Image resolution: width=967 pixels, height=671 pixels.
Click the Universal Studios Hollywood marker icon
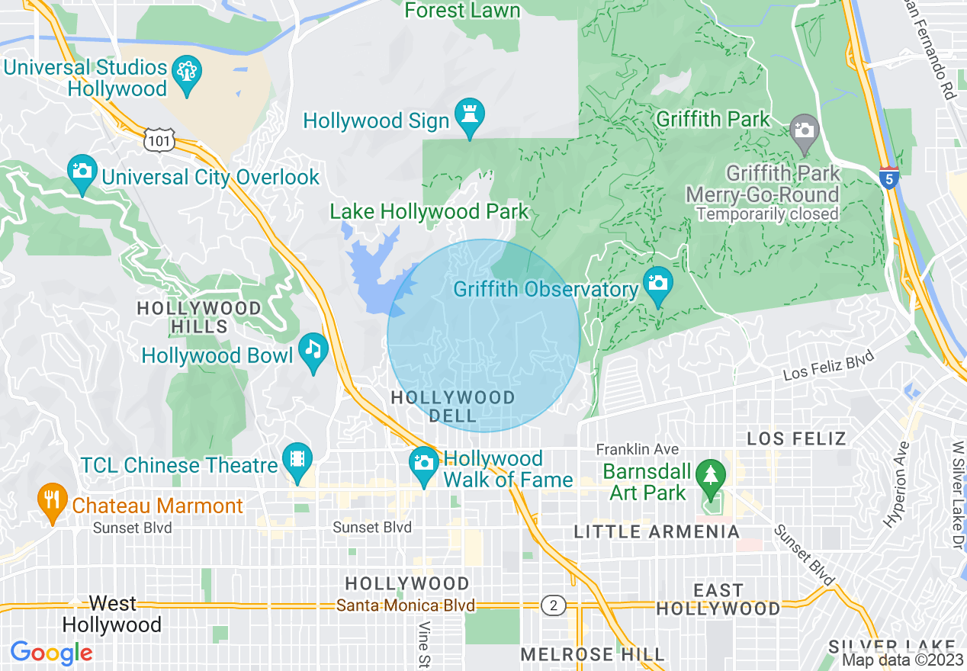[x=188, y=73]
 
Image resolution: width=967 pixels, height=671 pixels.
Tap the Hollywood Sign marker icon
[x=470, y=116]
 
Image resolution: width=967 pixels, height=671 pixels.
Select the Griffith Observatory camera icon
[x=657, y=284]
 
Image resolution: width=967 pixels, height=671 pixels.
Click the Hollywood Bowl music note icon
[x=313, y=350]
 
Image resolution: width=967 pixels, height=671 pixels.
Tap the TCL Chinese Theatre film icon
[x=297, y=459]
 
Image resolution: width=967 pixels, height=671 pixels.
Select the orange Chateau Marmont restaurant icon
[x=52, y=500]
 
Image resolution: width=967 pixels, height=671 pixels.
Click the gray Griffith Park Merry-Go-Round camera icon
[x=804, y=130]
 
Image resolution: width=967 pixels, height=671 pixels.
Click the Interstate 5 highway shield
[x=888, y=178]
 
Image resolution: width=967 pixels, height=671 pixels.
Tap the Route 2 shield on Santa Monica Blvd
[x=553, y=605]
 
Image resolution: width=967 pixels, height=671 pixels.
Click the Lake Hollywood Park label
[x=429, y=211]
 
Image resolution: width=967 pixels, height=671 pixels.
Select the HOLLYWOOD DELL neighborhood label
[x=453, y=406]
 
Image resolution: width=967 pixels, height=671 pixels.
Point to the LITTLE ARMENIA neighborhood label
[x=657, y=531]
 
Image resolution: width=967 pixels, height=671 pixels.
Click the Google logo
[x=51, y=652]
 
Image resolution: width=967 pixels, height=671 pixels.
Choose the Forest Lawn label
[x=462, y=10]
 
